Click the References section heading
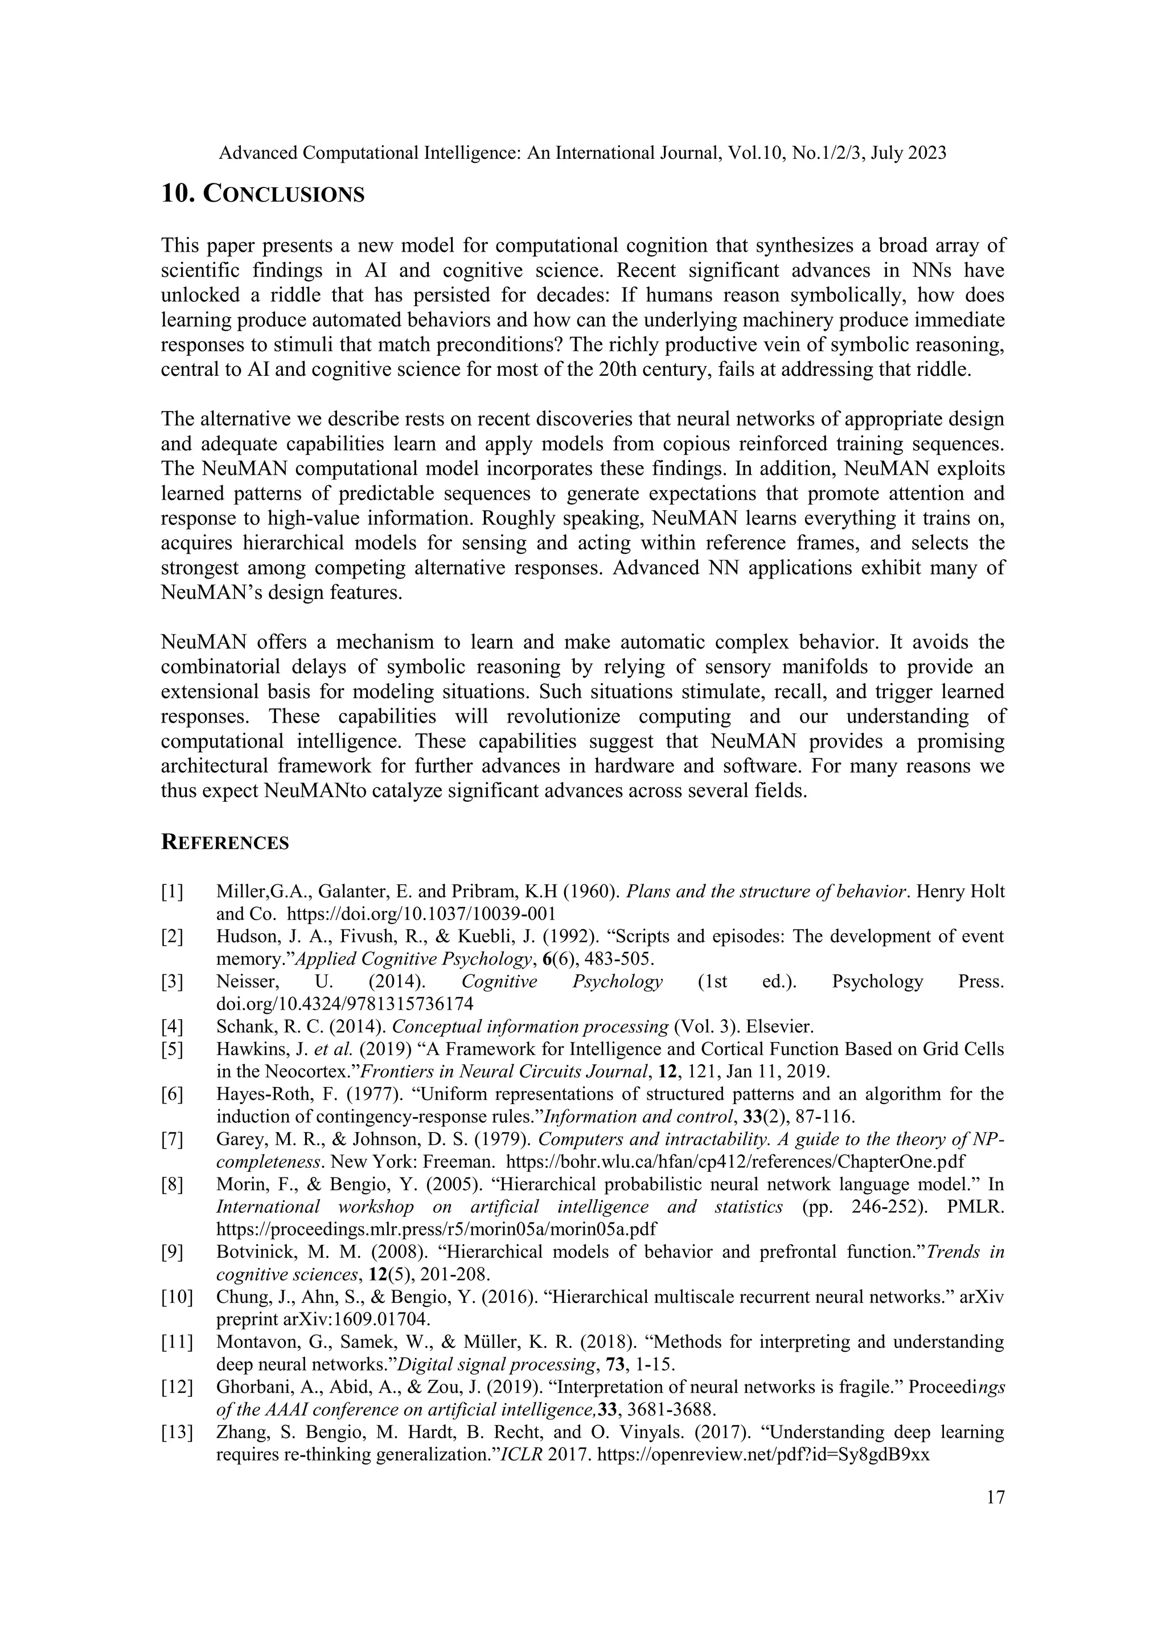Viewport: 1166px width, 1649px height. (x=225, y=843)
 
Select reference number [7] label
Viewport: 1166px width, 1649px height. (x=173, y=1139)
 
